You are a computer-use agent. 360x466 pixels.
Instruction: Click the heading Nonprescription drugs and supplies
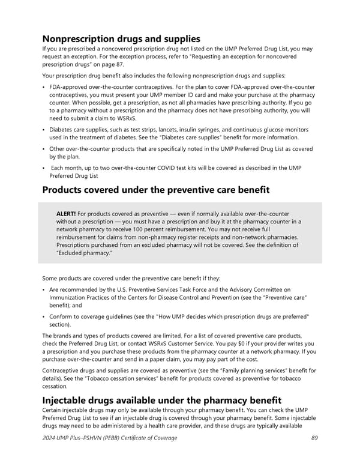coord(121,38)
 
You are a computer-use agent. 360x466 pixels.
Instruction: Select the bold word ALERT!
coord(66,214)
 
